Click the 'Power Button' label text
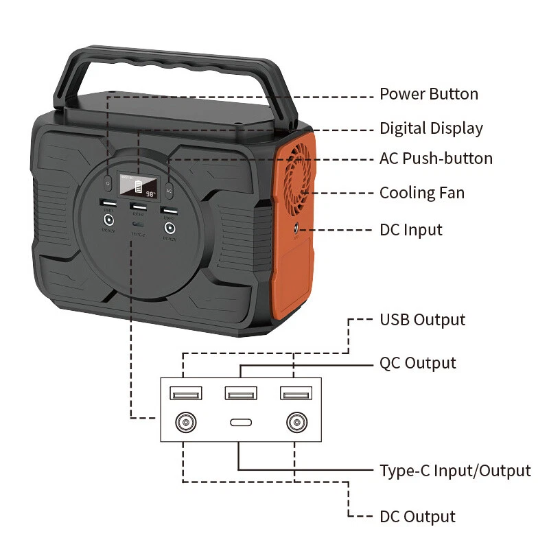point(429,94)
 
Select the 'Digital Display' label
point(431,128)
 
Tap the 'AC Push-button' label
point(436,159)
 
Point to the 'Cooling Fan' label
point(422,193)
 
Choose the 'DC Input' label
point(411,229)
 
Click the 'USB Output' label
point(422,320)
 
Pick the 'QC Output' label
point(417,362)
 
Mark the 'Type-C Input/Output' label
point(455,471)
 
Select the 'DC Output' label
point(417,517)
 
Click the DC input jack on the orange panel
point(296,229)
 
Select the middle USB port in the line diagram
point(241,394)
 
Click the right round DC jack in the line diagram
point(296,422)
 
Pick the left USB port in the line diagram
point(186,394)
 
